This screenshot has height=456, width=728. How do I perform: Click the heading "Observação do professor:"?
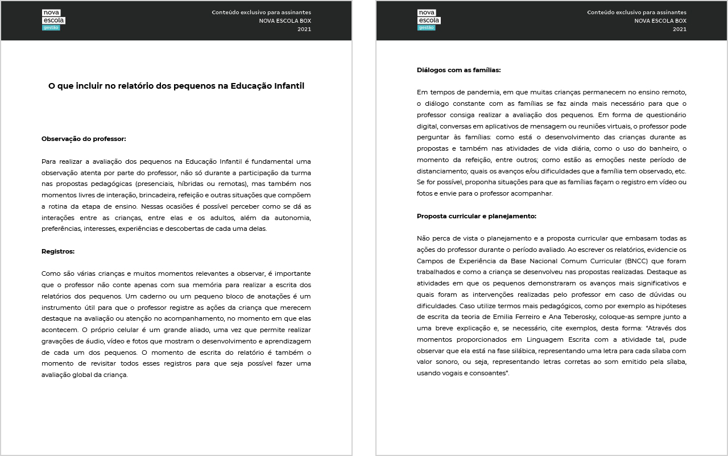pyautogui.click(x=84, y=139)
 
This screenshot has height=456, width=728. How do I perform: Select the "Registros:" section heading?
pyautogui.click(x=58, y=251)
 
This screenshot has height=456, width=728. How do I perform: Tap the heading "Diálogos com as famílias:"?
pyautogui.click(x=458, y=70)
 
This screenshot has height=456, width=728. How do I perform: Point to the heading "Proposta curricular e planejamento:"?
pyautogui.click(x=477, y=216)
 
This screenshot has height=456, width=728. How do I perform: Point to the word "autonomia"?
pyautogui.click(x=290, y=218)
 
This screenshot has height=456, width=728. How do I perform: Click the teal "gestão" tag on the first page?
pyautogui.click(x=51, y=27)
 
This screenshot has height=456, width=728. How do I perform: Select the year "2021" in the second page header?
pyautogui.click(x=679, y=29)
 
